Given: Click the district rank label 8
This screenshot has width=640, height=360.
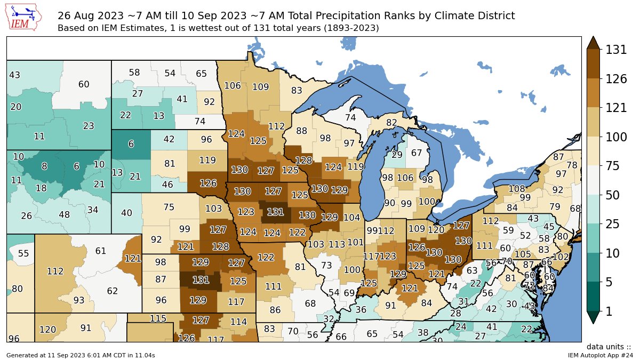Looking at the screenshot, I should [x=44, y=166].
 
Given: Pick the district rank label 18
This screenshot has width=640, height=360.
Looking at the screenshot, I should [x=41, y=188].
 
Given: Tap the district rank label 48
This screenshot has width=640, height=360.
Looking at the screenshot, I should [x=64, y=214].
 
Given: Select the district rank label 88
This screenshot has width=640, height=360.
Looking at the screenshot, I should [x=302, y=131].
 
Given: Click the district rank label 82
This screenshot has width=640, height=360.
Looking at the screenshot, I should [x=391, y=123].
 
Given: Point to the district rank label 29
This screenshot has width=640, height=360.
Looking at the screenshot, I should [x=397, y=155].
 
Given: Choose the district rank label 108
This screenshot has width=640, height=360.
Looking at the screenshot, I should [x=516, y=188].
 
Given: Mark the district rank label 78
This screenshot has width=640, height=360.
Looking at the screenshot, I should [x=572, y=165].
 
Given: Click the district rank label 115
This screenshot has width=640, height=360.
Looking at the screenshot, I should [x=158, y=318].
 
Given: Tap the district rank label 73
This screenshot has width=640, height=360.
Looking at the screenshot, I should [x=326, y=265].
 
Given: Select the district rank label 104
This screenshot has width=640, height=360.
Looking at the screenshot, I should [x=351, y=217].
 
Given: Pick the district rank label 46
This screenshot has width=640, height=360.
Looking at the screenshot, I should [x=167, y=185].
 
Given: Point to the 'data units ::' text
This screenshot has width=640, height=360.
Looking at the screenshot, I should [x=609, y=347].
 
